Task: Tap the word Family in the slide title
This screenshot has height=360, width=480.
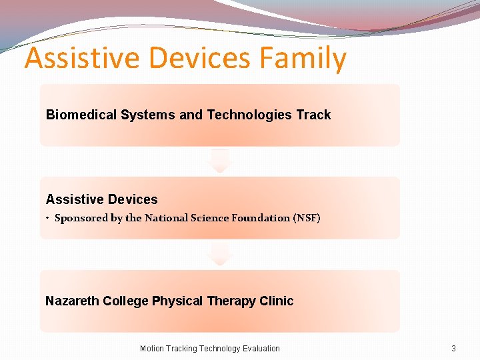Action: tap(303, 59)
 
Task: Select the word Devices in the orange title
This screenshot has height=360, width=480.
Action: tap(201, 59)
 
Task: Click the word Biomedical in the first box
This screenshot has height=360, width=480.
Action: tap(81, 115)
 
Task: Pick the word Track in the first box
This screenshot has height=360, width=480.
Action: tap(313, 115)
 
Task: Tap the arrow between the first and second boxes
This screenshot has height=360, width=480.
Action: tap(219, 161)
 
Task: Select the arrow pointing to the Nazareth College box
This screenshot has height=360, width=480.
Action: tap(219, 254)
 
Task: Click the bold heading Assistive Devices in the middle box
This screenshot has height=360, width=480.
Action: tap(101, 199)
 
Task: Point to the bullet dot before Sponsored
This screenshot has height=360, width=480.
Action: tap(48, 219)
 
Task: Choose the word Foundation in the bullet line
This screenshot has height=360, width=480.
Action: tap(261, 218)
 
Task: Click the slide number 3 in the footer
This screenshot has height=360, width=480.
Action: tap(453, 348)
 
